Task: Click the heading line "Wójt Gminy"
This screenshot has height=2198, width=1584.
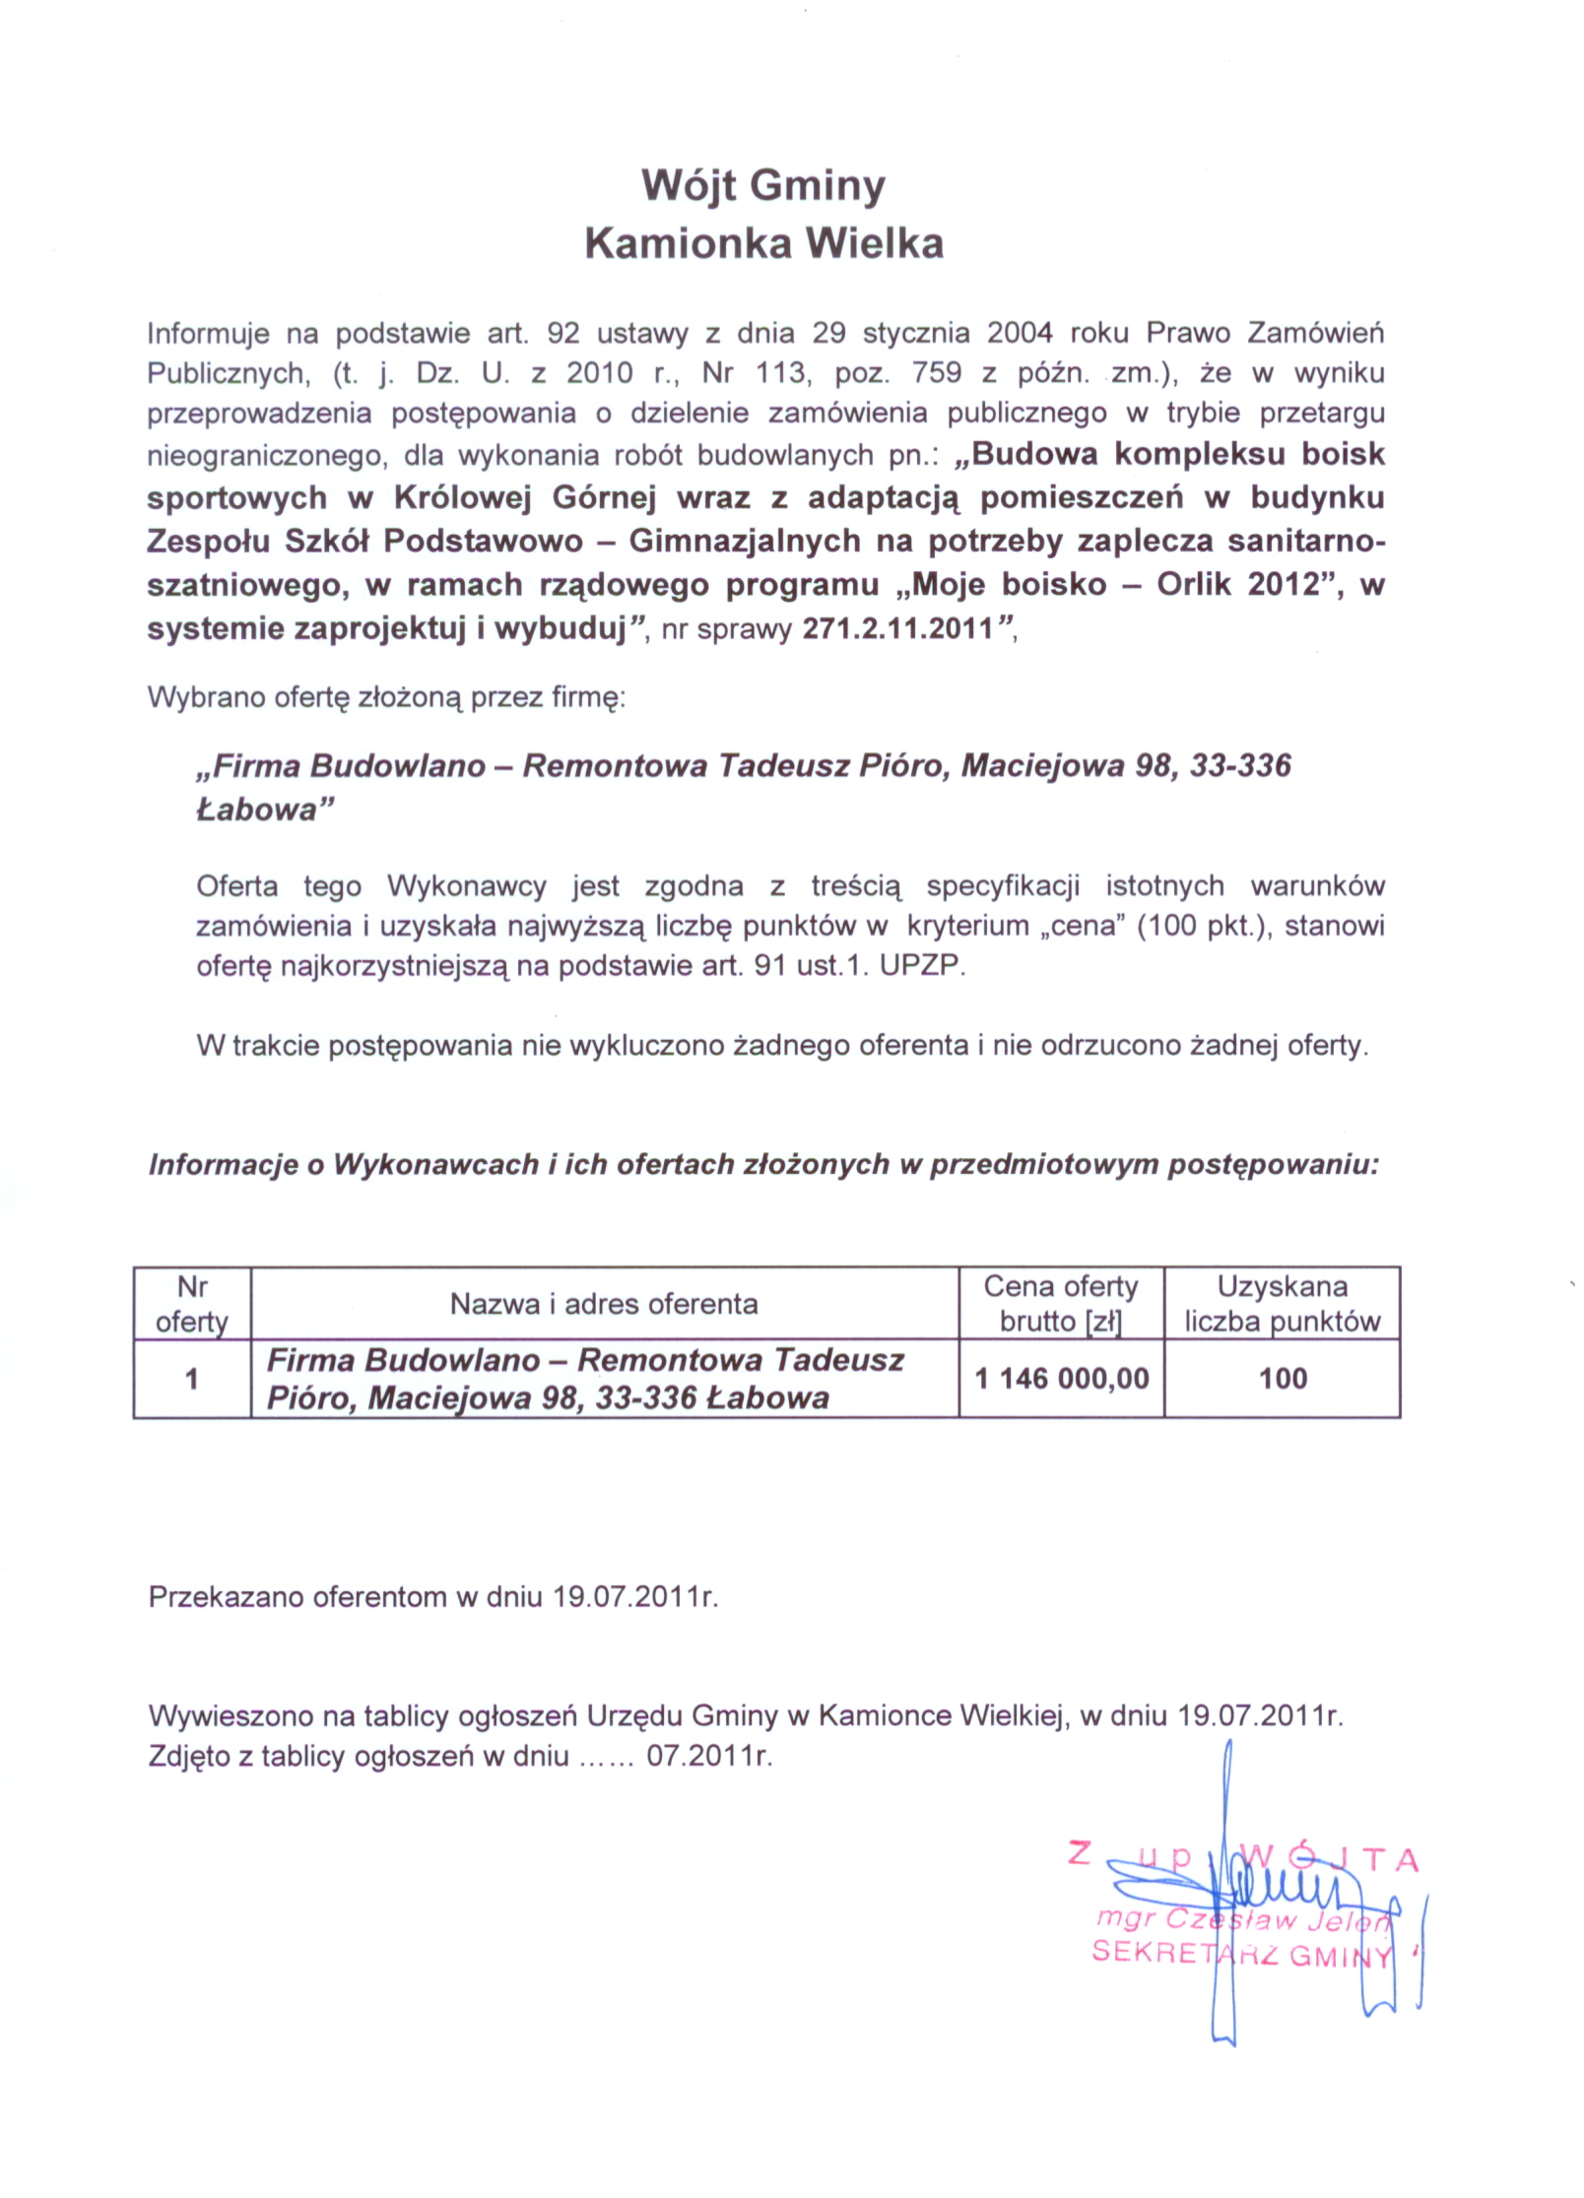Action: pos(763,185)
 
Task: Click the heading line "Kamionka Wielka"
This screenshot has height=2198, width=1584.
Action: pos(763,243)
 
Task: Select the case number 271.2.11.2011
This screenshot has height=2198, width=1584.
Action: pos(897,629)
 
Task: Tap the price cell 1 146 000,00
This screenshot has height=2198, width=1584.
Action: pos(1062,1378)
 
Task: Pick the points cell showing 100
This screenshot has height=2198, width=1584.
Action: pos(1283,1378)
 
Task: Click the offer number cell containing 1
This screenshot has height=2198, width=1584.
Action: pos(192,1378)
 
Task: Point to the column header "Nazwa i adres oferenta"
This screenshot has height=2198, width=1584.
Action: pos(604,1304)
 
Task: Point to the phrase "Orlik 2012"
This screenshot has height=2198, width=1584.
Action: pos(1237,585)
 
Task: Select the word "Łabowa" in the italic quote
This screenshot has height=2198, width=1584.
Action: pos(257,809)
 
